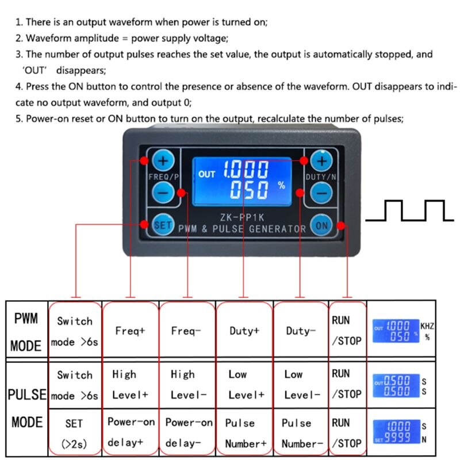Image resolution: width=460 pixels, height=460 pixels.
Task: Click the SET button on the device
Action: click(x=163, y=225)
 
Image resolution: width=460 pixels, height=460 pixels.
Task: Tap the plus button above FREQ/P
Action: click(x=163, y=160)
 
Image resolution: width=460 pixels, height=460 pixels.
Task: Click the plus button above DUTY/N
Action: click(x=321, y=160)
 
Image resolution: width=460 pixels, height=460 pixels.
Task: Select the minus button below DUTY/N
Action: click(x=322, y=193)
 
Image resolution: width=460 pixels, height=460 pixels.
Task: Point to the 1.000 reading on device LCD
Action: click(x=246, y=170)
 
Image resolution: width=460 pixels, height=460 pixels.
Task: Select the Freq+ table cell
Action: click(x=130, y=331)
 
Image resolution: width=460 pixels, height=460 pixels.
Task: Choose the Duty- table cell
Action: click(x=301, y=331)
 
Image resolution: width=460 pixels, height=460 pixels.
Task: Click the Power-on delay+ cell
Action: click(x=131, y=432)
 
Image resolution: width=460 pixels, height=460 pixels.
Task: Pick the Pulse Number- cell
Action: click(x=301, y=432)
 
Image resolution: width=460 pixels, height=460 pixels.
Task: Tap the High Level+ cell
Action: click(x=131, y=384)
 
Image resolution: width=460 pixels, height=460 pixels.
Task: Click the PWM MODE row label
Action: click(x=26, y=332)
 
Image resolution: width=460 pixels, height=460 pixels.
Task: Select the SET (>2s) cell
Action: click(x=74, y=432)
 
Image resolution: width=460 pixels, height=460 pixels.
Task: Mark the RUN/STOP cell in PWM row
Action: click(x=347, y=331)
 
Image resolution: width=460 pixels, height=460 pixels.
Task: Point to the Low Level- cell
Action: click(x=301, y=384)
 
